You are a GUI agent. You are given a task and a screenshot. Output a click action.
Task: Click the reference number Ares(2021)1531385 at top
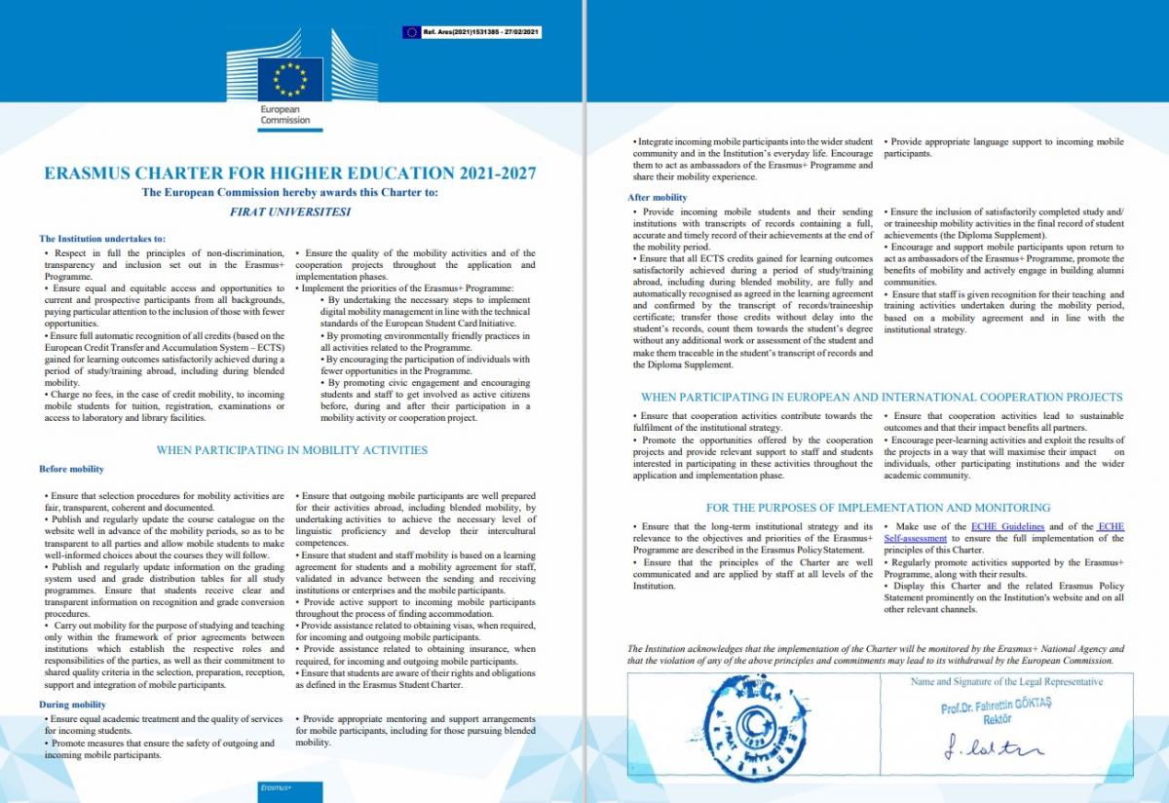(482, 32)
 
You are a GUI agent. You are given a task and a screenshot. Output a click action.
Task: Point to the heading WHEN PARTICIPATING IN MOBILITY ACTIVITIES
(291, 450)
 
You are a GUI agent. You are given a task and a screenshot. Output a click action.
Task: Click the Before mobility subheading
(71, 470)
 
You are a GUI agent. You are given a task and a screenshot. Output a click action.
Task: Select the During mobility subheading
(73, 704)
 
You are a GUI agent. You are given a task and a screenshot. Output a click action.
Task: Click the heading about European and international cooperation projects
(881, 397)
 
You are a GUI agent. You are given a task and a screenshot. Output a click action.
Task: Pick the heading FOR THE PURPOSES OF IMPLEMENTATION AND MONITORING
(878, 508)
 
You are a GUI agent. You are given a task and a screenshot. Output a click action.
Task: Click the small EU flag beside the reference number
(410, 32)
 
